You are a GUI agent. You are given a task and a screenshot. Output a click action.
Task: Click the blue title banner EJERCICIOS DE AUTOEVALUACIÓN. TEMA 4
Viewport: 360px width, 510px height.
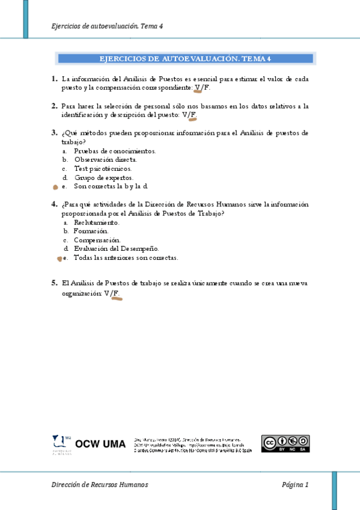[185, 58]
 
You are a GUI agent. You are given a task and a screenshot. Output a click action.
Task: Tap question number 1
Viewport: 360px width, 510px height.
[54, 79]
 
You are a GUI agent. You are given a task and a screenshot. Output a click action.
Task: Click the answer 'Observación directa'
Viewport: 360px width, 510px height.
[105, 160]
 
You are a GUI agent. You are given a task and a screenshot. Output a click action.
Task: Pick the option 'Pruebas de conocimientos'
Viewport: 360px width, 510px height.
[114, 151]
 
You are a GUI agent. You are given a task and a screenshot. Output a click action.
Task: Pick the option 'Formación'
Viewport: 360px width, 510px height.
[91, 231]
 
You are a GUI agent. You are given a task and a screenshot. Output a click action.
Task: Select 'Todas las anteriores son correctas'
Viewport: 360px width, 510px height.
[126, 257]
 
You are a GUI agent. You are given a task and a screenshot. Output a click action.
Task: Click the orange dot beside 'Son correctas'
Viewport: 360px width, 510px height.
[55, 187]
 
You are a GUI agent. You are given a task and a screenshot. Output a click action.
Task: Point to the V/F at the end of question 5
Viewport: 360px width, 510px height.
[112, 294]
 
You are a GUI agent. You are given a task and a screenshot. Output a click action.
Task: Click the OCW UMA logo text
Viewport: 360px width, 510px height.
[100, 444]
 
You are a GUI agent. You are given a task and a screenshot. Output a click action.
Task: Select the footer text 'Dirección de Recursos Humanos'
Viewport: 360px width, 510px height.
[100, 485]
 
